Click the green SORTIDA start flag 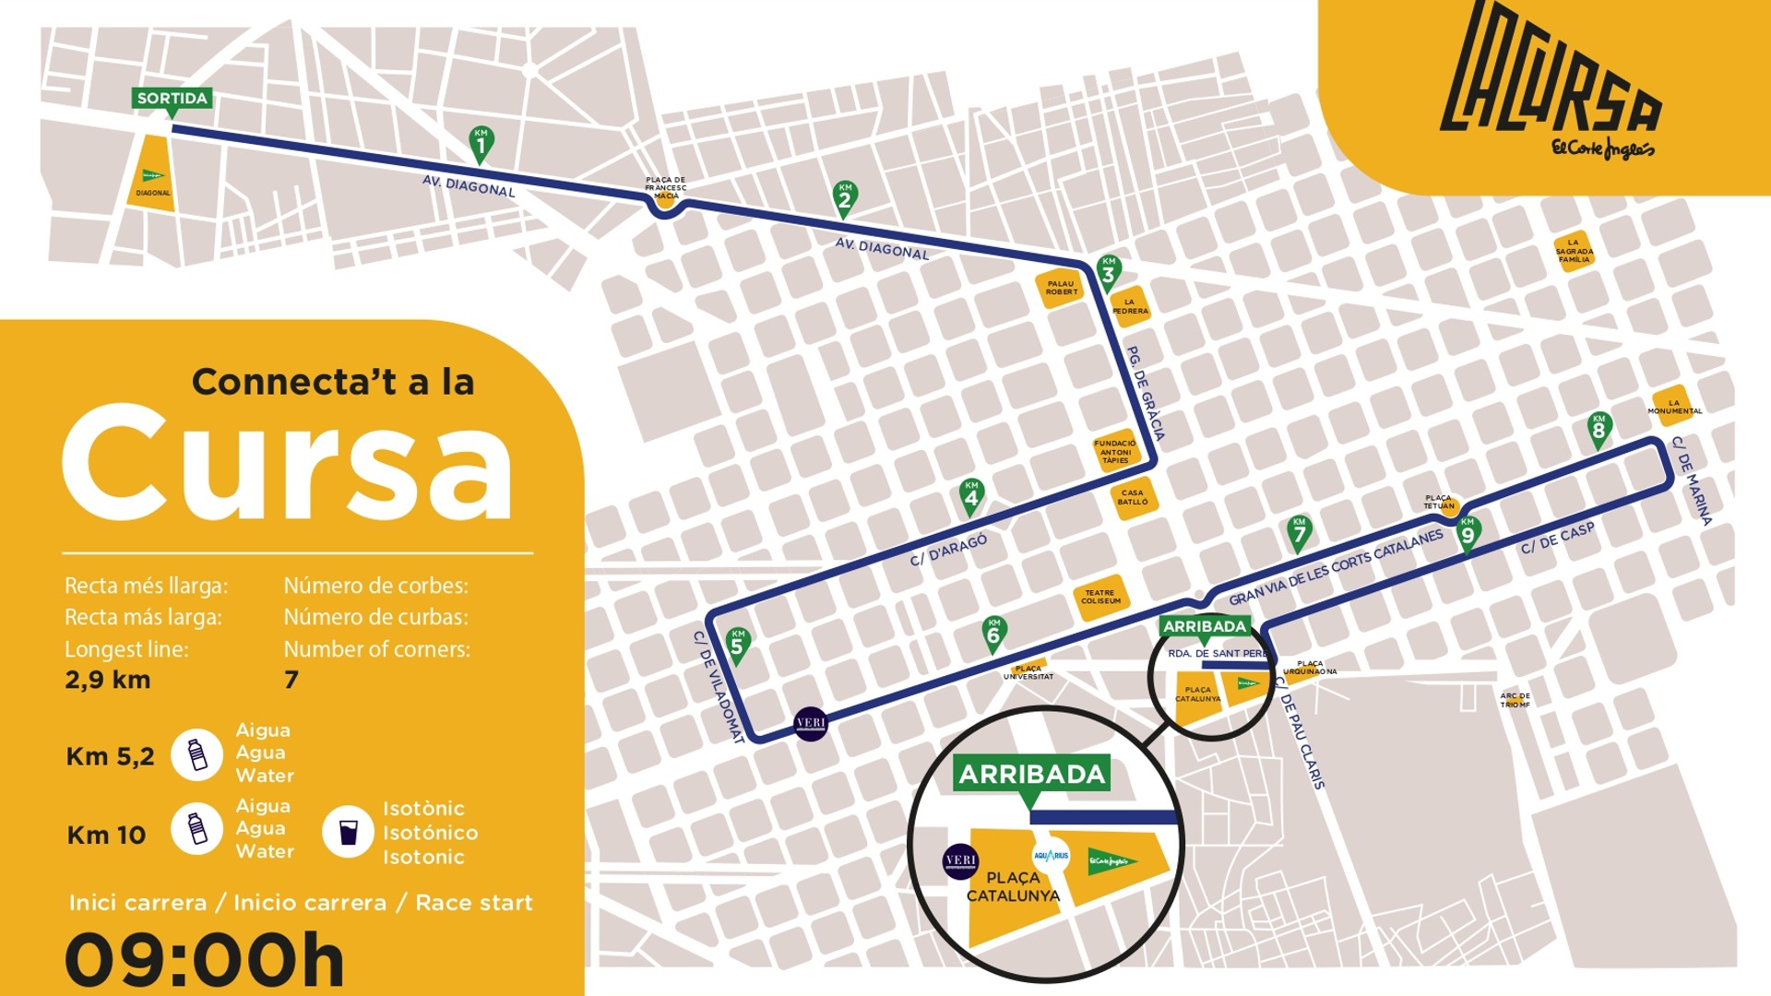pos(172,99)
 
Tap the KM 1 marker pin pos(481,143)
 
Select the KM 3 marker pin pos(1108,271)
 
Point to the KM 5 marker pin pos(737,644)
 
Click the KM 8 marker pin pos(1599,428)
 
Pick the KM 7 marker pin pos(1299,531)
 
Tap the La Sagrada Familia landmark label pos(1574,252)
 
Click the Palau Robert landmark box pos(1061,289)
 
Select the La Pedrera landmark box pos(1130,307)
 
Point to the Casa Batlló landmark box pos(1133,498)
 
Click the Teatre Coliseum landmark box pos(1100,598)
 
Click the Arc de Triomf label pos(1515,700)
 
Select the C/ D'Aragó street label pos(948,550)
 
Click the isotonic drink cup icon pos(348,832)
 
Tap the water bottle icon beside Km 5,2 pos(197,754)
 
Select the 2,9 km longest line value pos(108,681)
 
